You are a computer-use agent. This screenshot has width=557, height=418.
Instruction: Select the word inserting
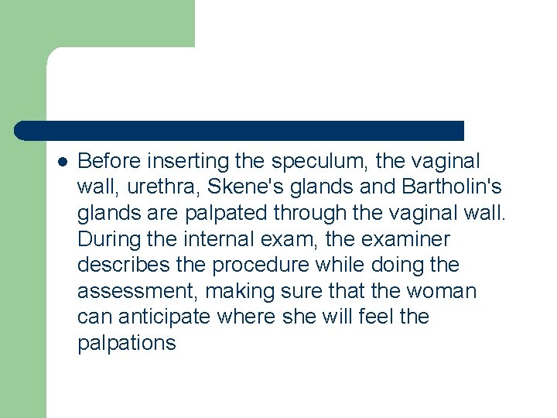188,161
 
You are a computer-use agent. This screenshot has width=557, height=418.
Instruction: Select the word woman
443,291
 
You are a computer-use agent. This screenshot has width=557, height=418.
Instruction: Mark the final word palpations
127,343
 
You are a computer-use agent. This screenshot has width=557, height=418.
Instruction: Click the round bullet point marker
63,162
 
